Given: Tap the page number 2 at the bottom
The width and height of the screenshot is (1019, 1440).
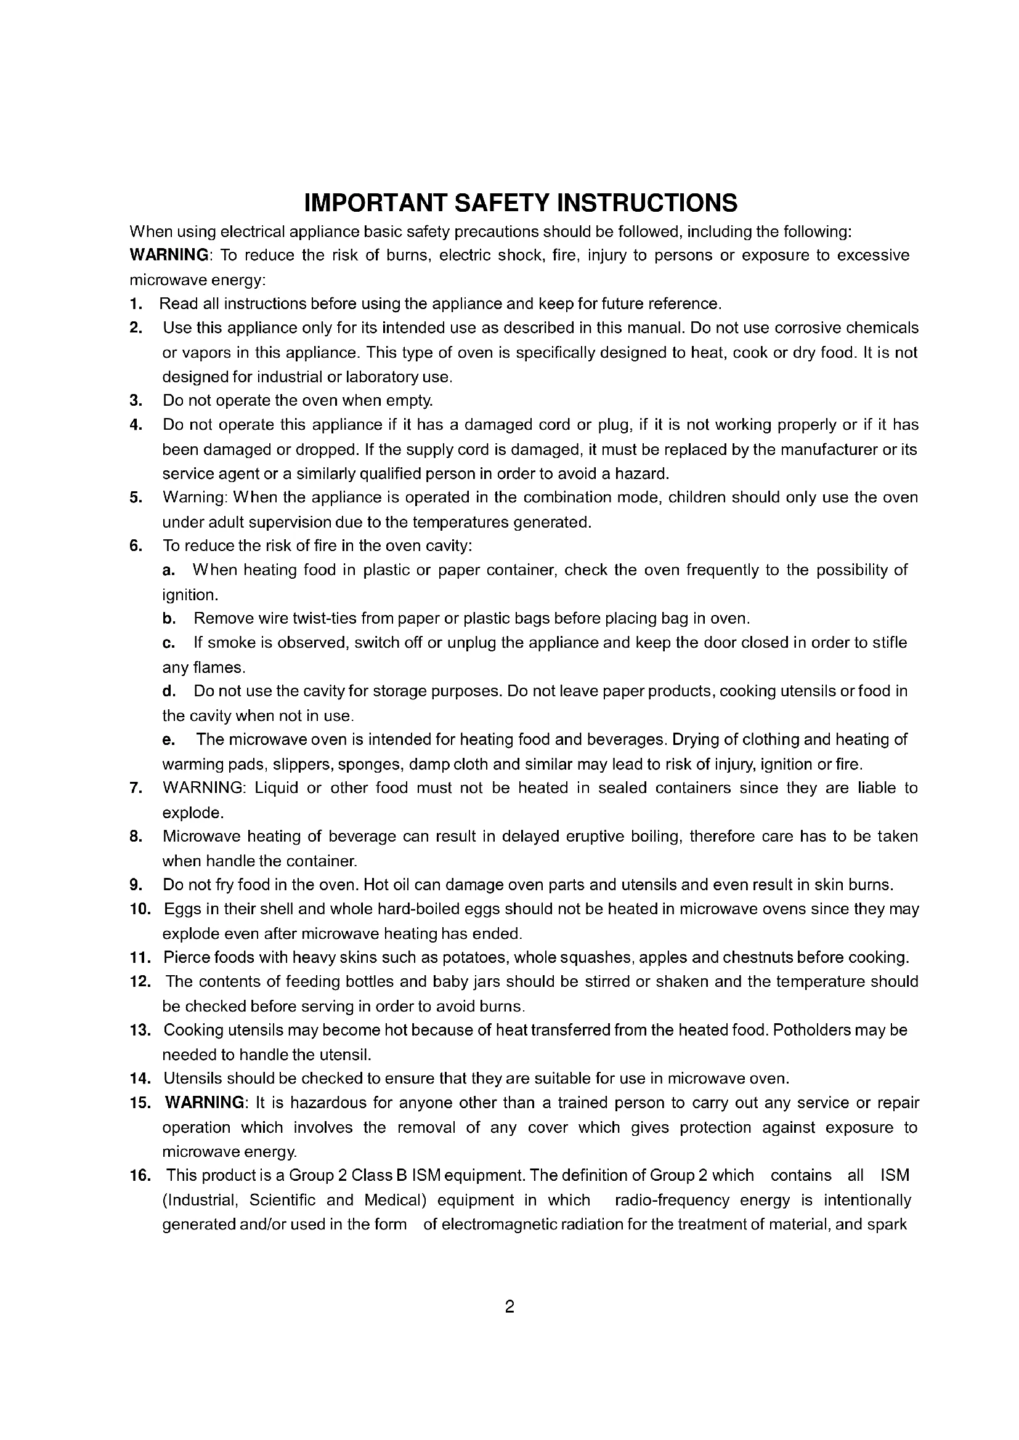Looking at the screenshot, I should click(509, 1306).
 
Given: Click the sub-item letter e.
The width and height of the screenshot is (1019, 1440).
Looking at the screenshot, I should click(168, 740).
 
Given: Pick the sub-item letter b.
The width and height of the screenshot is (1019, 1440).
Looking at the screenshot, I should click(168, 619).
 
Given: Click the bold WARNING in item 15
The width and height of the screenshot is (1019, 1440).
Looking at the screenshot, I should click(205, 1103).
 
